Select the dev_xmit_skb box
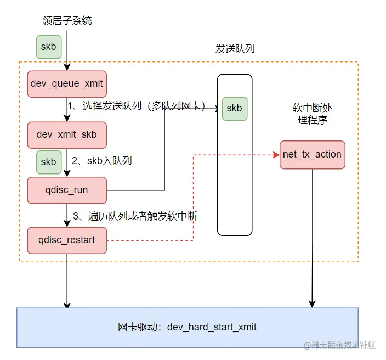coord(66,134)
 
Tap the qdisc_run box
coord(66,190)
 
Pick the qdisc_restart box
coord(66,240)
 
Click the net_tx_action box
coord(312,154)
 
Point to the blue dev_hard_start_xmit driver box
coord(187,327)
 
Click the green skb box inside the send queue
coord(234,108)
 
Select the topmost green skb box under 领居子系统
coord(48,47)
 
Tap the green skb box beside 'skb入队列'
coord(48,162)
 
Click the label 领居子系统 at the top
coord(67,21)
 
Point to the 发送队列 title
coord(235,49)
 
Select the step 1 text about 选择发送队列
coord(136,106)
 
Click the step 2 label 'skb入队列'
coord(102,161)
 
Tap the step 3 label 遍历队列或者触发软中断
coord(134,216)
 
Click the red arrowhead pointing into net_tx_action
coord(276,155)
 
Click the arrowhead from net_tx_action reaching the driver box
coord(313,303)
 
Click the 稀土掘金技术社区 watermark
coord(339,345)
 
